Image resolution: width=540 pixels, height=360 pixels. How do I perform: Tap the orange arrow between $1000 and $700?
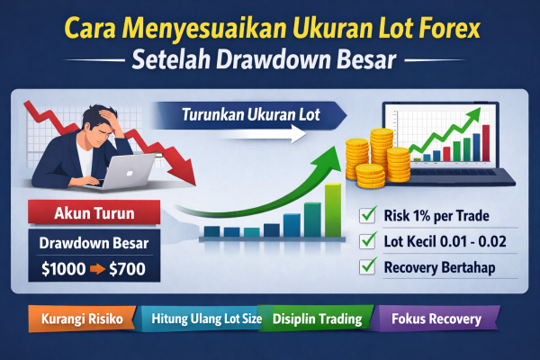[x=97, y=267]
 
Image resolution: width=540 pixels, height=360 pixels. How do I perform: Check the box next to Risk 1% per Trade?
[x=366, y=214]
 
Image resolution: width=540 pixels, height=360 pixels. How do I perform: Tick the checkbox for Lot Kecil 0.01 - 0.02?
[x=366, y=240]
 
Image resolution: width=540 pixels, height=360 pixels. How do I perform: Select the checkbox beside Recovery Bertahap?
[x=366, y=266]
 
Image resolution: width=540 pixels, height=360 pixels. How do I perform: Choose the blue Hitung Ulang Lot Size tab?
[x=199, y=319]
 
